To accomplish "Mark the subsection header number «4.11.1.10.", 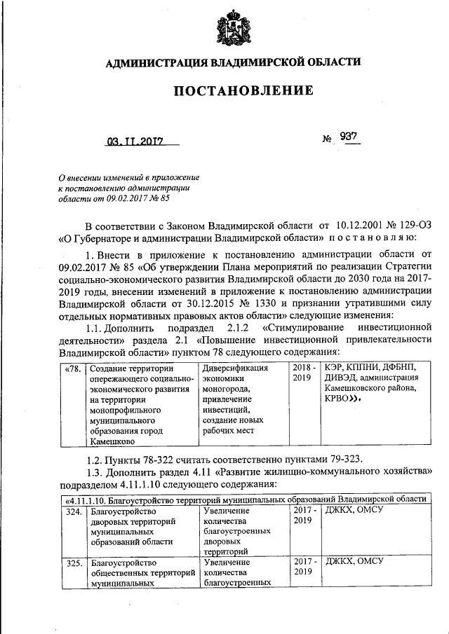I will [89, 498].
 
